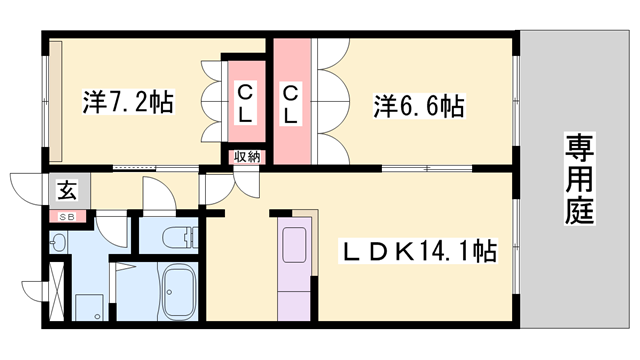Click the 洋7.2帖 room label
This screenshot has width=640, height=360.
(127, 101)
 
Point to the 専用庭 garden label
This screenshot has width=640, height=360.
(577, 179)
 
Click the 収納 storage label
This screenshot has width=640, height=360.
(246, 156)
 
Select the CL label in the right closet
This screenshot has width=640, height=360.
(291, 104)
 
